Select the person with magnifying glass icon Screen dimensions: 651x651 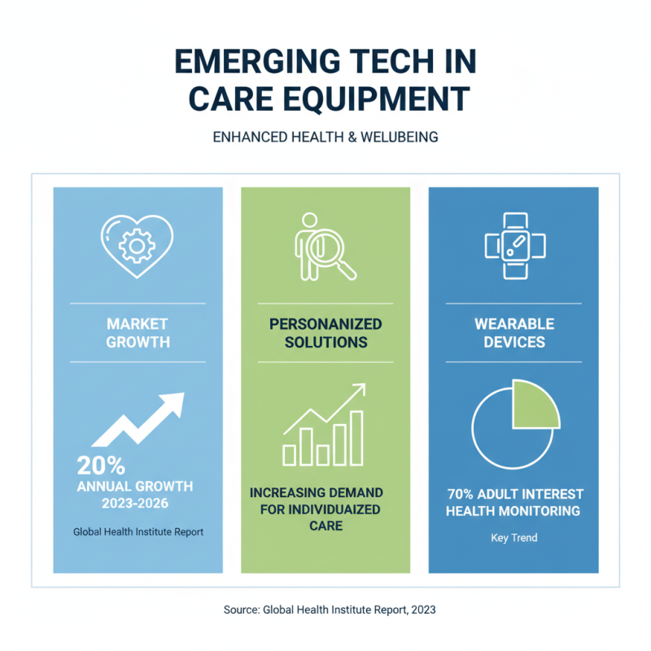pos(323,246)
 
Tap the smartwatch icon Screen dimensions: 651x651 pos(513,246)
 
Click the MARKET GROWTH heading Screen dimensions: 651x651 pos(138,333)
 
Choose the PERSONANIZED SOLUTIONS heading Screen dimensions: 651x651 pos(325,333)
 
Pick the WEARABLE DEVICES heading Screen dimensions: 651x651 pos(513,333)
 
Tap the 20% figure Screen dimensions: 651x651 pos(100,465)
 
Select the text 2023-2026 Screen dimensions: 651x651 pos(138,504)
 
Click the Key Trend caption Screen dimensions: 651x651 pos(513,538)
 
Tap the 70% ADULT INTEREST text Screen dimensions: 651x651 pos(513,494)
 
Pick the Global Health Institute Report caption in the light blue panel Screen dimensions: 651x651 pos(138,532)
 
